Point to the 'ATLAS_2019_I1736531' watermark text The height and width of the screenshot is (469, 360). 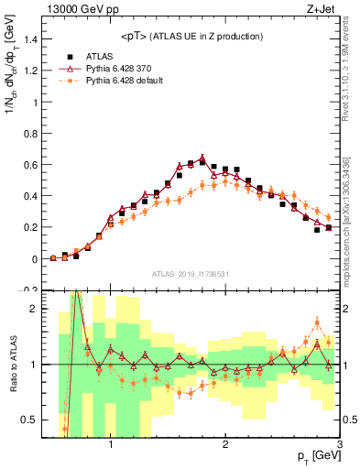click(190, 274)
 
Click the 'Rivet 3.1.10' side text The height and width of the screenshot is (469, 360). click(352, 73)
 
